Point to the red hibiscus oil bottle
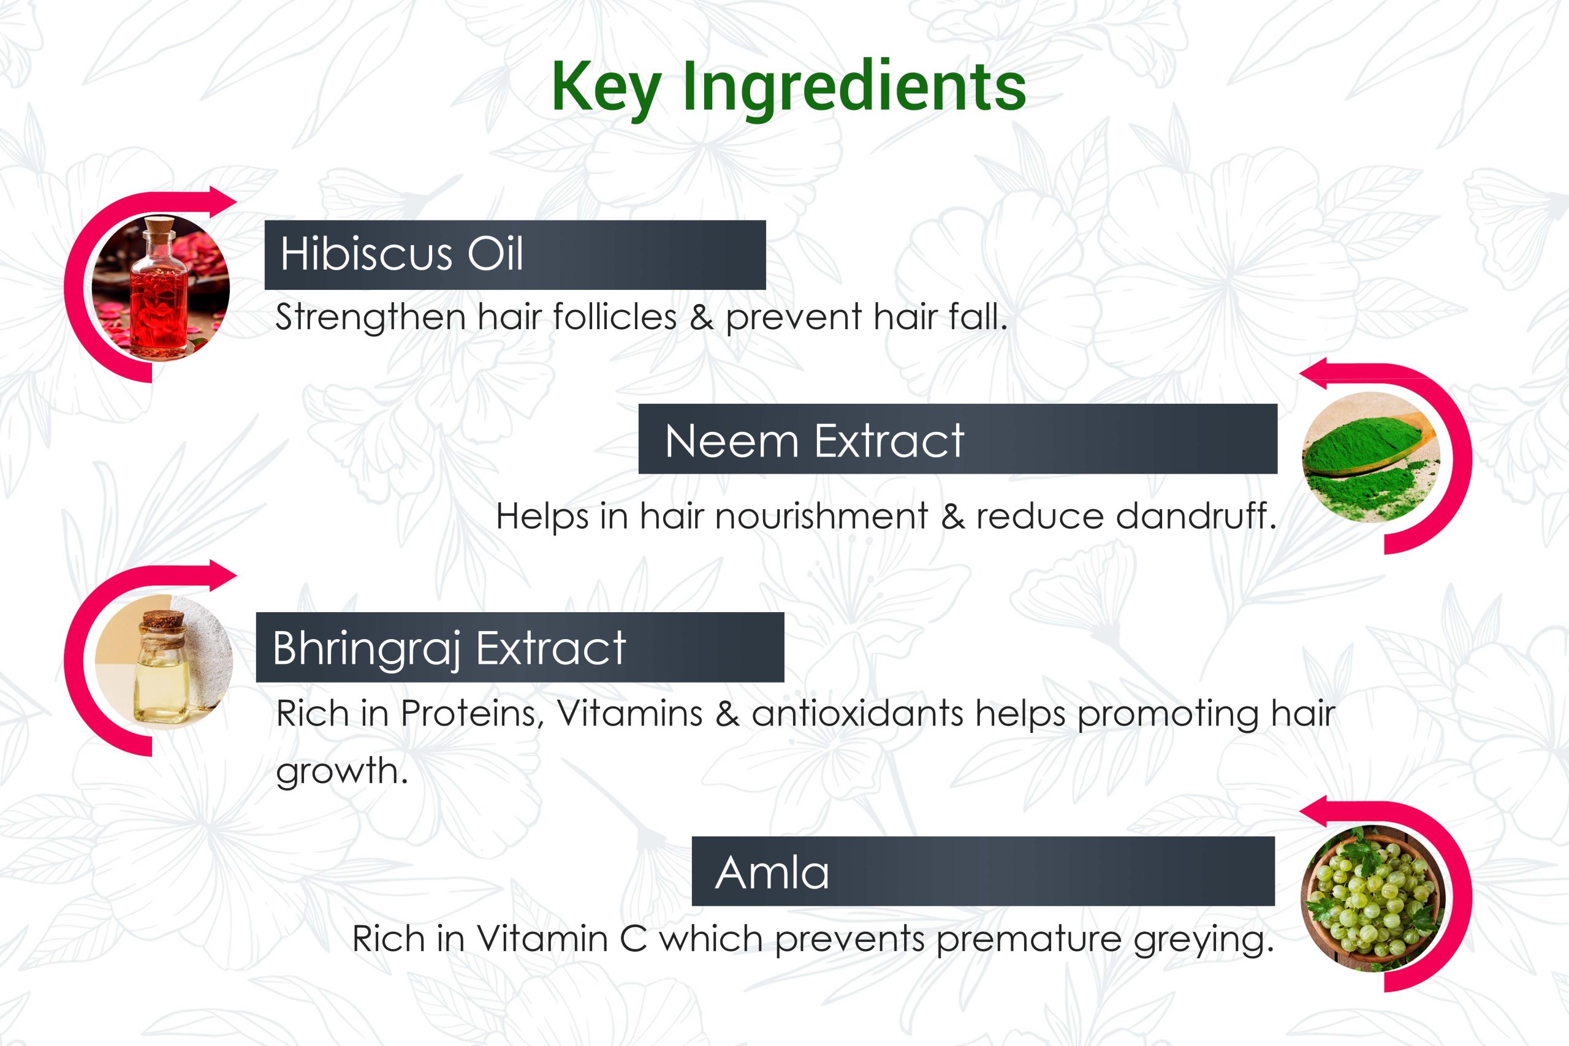(x=158, y=294)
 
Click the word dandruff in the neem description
(x=1193, y=516)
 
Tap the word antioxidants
(x=857, y=713)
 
